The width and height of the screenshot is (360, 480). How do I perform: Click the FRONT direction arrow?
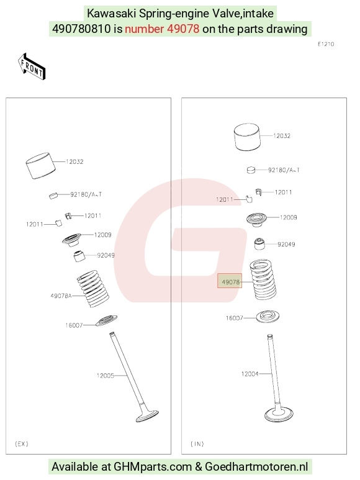pos(32,66)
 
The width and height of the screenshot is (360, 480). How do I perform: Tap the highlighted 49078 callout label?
pos(230,281)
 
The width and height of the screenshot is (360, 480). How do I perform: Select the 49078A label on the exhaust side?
pos(61,296)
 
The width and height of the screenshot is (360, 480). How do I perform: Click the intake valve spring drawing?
pos(263,279)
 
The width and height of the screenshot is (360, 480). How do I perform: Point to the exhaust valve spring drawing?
pos(93,289)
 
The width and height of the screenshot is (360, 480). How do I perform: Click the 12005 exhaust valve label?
pos(106,376)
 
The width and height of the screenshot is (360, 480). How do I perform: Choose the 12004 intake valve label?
pos(250,374)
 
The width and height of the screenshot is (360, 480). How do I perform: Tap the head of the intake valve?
pos(279,415)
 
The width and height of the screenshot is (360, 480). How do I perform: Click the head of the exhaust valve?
pos(148,415)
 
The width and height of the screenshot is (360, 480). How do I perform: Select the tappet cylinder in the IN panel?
pos(248,137)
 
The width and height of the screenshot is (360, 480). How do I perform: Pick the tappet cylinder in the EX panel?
pos(41,165)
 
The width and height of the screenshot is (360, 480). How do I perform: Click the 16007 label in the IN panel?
pos(234,318)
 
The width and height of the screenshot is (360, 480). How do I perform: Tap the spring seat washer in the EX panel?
pos(106,320)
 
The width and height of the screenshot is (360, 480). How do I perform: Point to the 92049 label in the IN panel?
pos(286,244)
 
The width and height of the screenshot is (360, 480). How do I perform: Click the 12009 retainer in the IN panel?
pos(256,219)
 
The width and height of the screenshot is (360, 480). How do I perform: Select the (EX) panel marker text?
pos(21,443)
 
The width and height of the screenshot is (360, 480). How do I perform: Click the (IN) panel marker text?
pos(197,443)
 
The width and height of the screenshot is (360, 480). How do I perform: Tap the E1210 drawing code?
pos(326,44)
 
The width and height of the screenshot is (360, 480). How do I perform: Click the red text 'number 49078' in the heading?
pos(162,29)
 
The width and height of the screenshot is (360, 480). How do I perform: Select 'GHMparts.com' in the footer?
pos(153,467)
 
